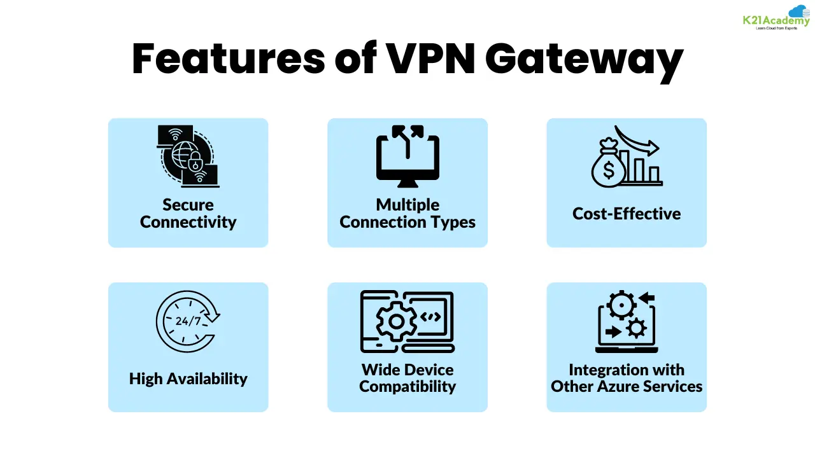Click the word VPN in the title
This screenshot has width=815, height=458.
430,59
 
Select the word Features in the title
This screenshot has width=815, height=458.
228,59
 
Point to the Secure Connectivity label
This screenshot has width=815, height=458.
188,213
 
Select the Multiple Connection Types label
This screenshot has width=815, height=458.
407,213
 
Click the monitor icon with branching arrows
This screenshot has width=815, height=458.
407,156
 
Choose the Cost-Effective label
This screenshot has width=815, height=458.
627,214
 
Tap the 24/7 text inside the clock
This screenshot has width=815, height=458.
187,321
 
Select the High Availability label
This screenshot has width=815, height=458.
188,378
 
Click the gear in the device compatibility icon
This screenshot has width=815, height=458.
395,321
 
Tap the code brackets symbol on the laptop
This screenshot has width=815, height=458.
430,317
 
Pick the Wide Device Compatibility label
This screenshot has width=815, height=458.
407,378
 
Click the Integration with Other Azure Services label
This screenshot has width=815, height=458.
627,378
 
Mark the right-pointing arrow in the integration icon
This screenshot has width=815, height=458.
613,331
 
